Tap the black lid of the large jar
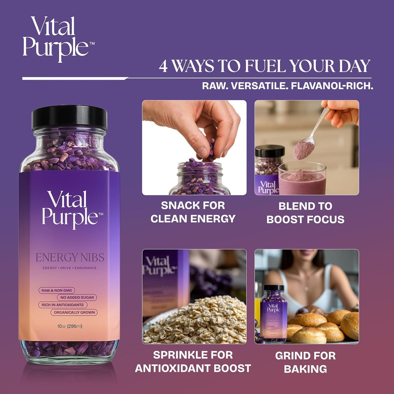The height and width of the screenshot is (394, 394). [70, 118]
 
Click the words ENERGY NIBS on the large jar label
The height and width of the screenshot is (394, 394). [70, 257]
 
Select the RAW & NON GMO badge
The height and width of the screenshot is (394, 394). [57, 290]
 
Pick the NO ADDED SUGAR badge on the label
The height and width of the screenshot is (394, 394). [77, 297]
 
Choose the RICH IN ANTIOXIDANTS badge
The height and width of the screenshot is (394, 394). [62, 305]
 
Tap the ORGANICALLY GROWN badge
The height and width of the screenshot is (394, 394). [74, 312]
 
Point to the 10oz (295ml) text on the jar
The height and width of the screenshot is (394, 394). [70, 326]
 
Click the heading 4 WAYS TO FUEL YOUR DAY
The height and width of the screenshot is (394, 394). [264, 66]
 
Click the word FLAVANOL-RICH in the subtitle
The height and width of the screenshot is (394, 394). [332, 86]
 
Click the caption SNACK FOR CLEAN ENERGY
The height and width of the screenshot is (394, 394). [193, 212]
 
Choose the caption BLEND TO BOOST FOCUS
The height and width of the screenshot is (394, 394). [305, 213]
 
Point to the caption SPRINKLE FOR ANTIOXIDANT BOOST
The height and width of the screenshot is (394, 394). [193, 362]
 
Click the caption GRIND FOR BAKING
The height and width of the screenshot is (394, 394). [305, 362]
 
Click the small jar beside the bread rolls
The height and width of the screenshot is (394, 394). [273, 314]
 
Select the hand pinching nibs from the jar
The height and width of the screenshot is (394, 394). [199, 125]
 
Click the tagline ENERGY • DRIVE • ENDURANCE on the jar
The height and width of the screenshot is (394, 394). [70, 268]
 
